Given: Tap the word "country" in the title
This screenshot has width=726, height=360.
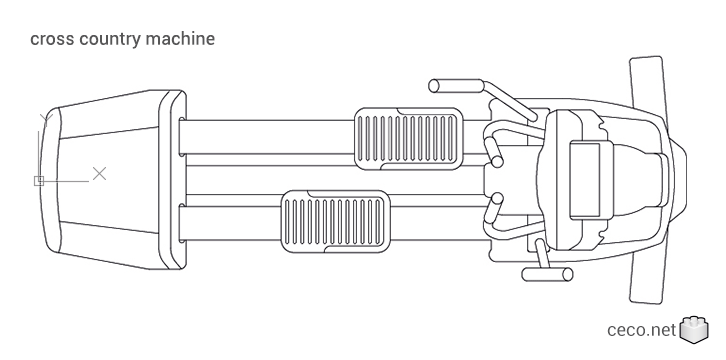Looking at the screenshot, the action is click(x=109, y=40).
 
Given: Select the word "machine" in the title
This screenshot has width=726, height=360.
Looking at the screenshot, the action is click(x=180, y=38).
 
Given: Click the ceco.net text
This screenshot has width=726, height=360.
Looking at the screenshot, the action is click(x=641, y=330).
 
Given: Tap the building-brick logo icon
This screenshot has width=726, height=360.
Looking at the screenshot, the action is click(x=694, y=330).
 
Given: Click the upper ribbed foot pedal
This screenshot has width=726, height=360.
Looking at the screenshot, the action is click(x=409, y=139).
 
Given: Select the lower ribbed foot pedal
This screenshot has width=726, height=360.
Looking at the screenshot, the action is click(x=334, y=221).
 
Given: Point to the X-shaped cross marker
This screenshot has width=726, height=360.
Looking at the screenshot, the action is click(x=99, y=174).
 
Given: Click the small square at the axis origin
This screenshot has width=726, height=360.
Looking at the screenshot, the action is click(x=39, y=180).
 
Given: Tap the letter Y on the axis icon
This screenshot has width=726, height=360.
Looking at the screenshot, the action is click(x=46, y=120).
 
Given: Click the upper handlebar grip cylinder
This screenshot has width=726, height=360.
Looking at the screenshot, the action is click(x=456, y=86).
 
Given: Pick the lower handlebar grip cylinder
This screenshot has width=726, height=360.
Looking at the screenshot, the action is click(x=547, y=274).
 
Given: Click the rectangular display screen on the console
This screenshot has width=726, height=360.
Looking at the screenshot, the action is click(x=584, y=180).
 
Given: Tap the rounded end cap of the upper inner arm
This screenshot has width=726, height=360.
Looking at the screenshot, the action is click(x=497, y=161).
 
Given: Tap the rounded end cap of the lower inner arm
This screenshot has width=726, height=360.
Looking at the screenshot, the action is click(x=497, y=199).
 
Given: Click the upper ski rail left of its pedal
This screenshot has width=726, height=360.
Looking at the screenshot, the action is click(x=268, y=137).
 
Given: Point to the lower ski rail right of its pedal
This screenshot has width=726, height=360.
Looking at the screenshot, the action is click(x=440, y=223).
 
